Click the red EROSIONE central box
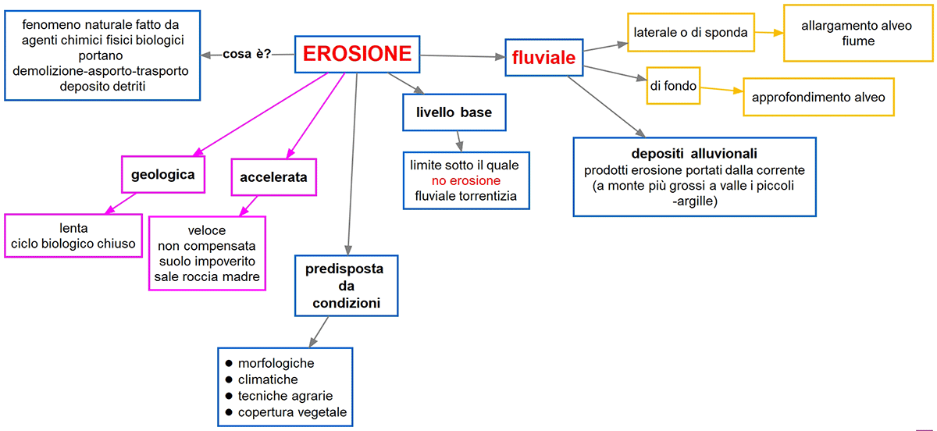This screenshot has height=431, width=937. tap(357, 54)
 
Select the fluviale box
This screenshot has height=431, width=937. tap(543, 58)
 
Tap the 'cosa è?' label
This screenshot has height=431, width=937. tap(247, 55)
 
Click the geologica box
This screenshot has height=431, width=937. tap(163, 174)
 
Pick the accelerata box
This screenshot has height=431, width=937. tap(273, 177)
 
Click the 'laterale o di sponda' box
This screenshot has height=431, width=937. tap(691, 33)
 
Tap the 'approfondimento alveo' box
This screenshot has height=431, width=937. tap(818, 98)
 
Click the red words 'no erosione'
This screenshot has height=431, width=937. tap(465, 181)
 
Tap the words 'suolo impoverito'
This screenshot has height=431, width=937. tap(207, 261)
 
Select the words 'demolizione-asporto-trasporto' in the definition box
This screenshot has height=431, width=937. tap(102, 71)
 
